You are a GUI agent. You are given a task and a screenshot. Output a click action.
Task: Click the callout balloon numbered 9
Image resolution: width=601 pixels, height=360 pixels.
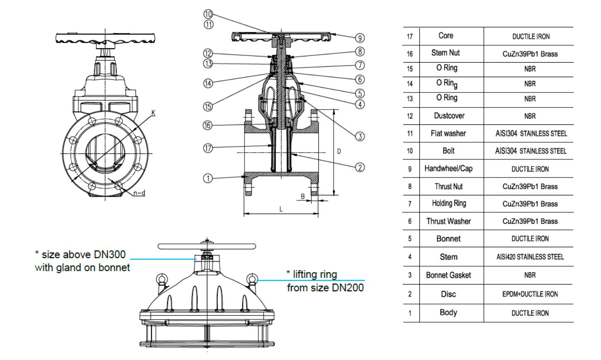point(360,38)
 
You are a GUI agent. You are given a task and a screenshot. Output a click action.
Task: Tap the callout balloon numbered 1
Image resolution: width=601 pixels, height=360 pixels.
point(208,179)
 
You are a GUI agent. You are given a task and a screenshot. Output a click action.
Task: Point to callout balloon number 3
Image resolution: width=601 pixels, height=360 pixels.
point(360,136)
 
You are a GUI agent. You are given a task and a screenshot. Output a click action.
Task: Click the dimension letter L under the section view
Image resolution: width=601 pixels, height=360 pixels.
point(281,209)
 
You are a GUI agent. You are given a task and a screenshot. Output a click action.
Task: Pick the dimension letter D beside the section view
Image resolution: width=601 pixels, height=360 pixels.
point(339,151)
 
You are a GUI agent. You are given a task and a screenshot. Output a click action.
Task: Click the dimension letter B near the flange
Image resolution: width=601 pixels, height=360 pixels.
point(303,196)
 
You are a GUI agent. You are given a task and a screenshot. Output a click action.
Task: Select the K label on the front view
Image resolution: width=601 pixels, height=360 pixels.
point(153,112)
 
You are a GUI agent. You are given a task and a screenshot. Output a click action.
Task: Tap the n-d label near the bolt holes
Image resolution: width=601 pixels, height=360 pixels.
point(139,193)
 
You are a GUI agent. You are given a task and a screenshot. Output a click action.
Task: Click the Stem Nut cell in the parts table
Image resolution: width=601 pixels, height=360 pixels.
point(446,53)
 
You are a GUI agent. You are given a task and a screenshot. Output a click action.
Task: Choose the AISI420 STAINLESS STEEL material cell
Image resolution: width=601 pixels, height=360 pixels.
point(530,257)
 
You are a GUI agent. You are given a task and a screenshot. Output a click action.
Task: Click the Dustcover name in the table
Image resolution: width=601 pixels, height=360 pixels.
point(449,116)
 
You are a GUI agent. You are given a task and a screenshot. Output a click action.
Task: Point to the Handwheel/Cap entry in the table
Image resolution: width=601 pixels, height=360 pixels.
point(448,168)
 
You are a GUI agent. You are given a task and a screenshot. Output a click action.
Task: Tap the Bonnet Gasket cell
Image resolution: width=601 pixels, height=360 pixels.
point(448,275)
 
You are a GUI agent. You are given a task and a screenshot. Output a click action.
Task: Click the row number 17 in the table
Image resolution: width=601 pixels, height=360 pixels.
point(410,36)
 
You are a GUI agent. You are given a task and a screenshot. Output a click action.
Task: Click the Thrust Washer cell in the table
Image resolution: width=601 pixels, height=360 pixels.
point(448,221)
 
